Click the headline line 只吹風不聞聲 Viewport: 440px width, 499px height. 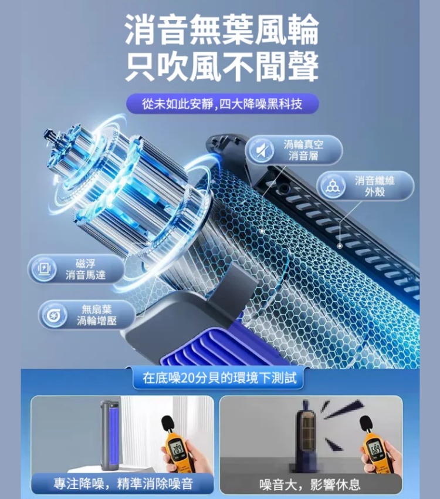click(222, 66)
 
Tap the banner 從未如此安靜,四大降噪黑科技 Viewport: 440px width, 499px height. click(222, 104)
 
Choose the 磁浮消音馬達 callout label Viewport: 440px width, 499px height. click(86, 269)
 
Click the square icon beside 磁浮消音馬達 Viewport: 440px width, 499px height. click(44, 269)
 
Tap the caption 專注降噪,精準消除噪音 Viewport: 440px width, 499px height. click(123, 484)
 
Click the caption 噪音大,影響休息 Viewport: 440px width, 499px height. click(310, 484)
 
